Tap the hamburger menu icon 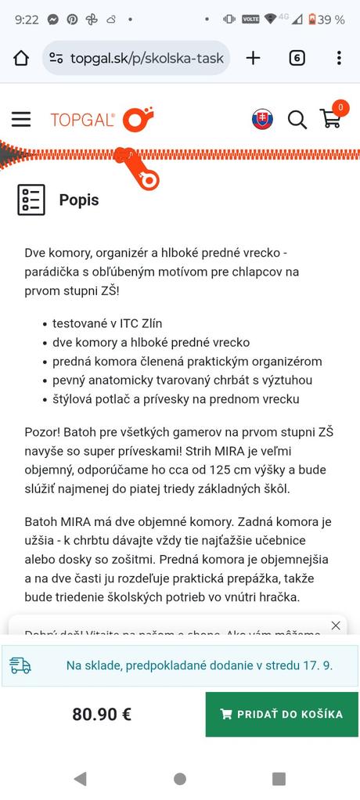click(21, 119)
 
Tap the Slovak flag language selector click(262, 119)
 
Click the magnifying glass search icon click(297, 119)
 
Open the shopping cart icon click(332, 117)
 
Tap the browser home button click(21, 58)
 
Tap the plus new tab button click(253, 58)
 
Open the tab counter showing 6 click(297, 58)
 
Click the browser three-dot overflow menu click(338, 58)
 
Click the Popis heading click(79, 200)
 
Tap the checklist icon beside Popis click(31, 200)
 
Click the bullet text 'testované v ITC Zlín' click(107, 323)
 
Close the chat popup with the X click(336, 625)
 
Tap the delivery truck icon click(20, 666)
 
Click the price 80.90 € click(102, 714)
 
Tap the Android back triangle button click(79, 778)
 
